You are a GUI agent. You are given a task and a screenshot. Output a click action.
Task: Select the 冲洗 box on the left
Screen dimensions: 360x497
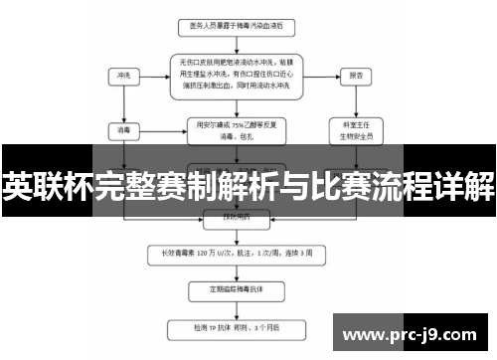pos(124,75)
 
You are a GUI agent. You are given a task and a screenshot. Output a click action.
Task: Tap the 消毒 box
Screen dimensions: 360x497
pos(124,128)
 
